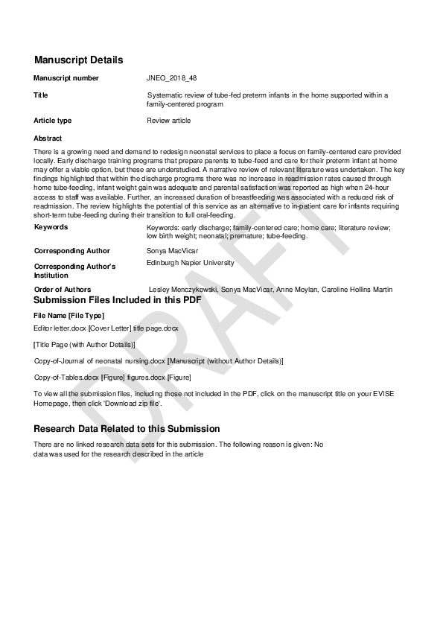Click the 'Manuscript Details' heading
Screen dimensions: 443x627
78,60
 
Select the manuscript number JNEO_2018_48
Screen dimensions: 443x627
172,77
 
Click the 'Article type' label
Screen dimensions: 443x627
53,121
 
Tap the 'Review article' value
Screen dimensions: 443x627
169,121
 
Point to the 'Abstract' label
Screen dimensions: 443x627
48,139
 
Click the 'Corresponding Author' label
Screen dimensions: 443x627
71,251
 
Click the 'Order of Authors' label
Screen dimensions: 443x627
63,289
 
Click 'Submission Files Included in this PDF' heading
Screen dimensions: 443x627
117,300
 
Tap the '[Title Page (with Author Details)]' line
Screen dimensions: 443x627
84,344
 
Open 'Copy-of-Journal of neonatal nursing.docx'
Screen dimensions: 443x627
100,360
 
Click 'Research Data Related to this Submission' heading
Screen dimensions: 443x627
127,429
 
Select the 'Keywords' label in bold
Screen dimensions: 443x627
51,227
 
